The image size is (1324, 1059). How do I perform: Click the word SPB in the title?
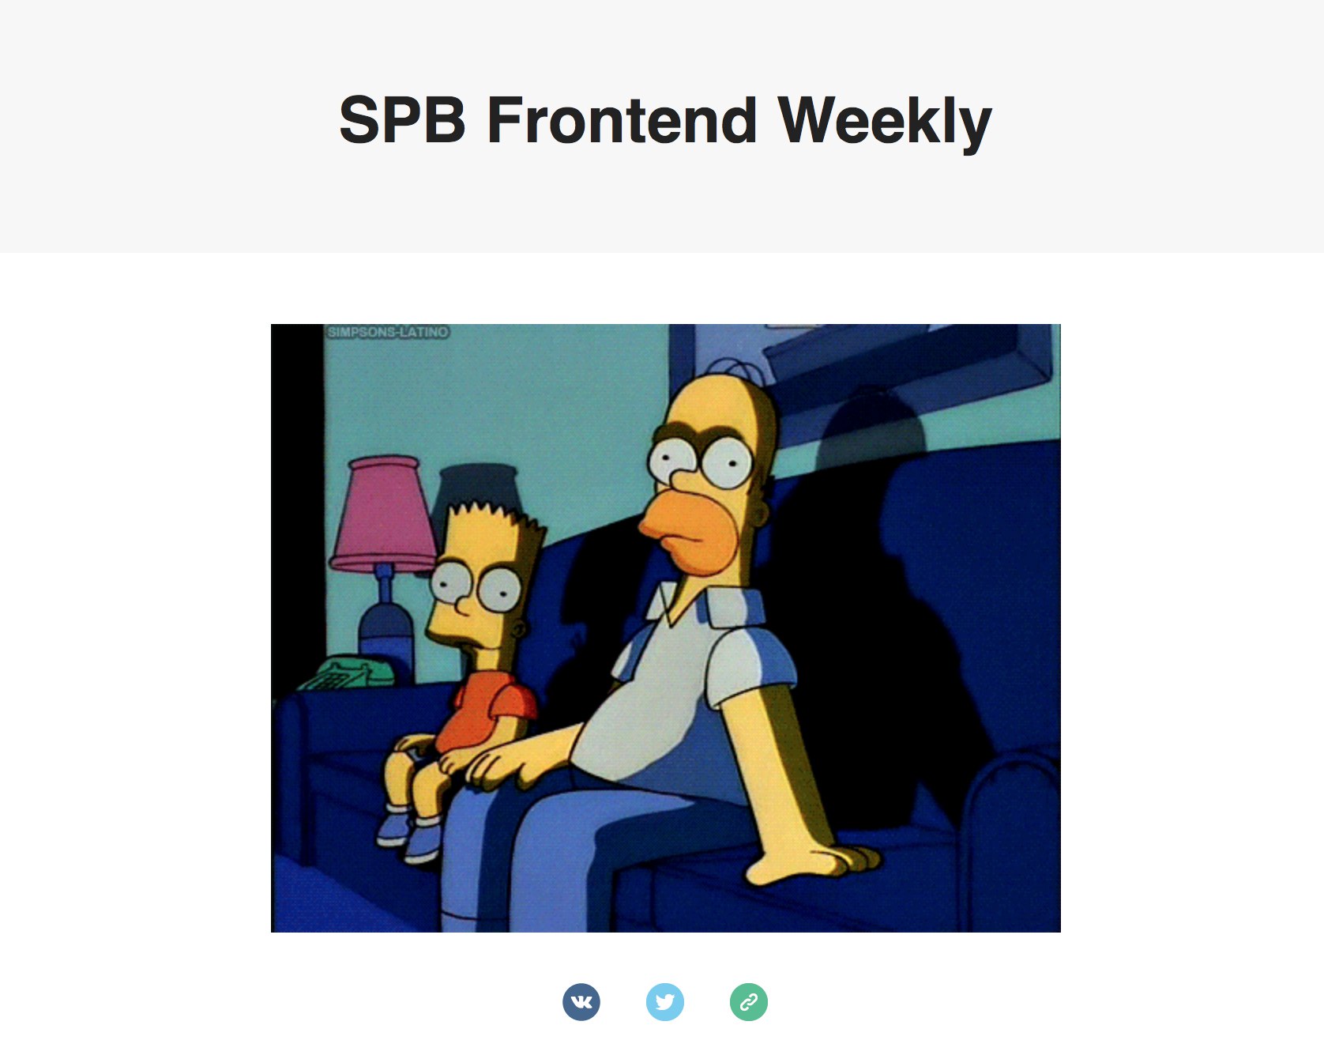[402, 120]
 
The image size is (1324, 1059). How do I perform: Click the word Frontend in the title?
[622, 120]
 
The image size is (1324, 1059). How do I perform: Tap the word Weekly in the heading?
[885, 122]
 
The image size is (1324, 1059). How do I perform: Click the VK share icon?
[581, 1002]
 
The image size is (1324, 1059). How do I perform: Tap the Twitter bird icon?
[665, 1002]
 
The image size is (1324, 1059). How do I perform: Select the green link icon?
[749, 1002]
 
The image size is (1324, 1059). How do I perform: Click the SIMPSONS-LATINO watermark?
[388, 332]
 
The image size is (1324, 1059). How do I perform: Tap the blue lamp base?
[386, 624]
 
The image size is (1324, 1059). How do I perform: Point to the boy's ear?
[518, 630]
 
